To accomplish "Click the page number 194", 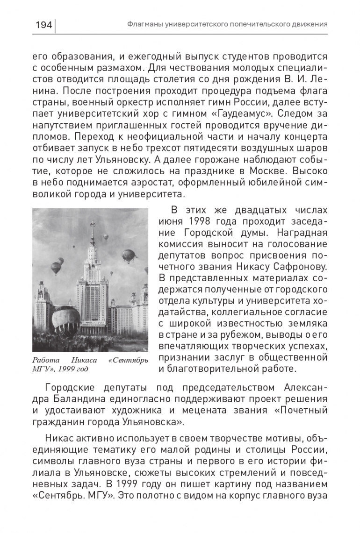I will click(44, 24).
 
